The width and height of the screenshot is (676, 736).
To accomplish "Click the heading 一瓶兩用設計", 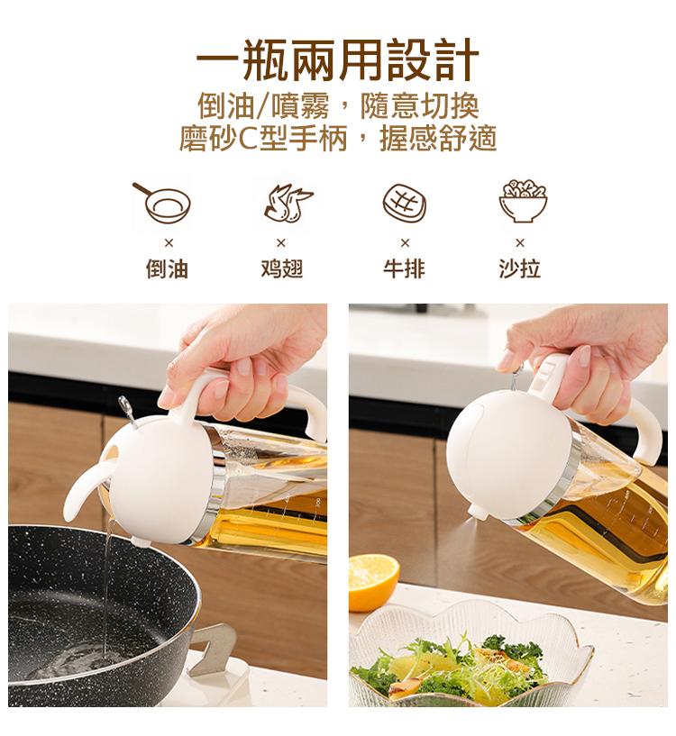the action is pos(337,60).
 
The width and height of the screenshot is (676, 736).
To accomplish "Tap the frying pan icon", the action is pos(162,203).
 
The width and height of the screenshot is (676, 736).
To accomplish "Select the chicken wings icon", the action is pos(288,204).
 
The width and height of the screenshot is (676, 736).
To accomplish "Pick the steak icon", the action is pos(405,203).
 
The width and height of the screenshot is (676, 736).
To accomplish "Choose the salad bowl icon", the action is pos(523,201).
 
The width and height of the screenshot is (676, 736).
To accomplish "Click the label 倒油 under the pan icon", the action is pos(168,269).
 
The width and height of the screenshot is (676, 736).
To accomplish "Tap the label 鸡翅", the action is pos(282,269).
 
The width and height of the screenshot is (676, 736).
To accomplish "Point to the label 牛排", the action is pos(404,269).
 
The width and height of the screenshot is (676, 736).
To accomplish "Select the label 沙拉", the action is pos(519,269).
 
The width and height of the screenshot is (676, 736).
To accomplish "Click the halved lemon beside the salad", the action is pos(373,582).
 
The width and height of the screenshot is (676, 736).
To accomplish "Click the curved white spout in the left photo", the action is pos(87,488).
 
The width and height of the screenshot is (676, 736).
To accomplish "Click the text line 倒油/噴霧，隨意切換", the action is pos(338,107).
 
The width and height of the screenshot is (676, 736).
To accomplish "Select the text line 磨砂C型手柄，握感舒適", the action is pos(338,139).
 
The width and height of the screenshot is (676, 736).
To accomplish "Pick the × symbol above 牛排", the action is pos(405,242).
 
